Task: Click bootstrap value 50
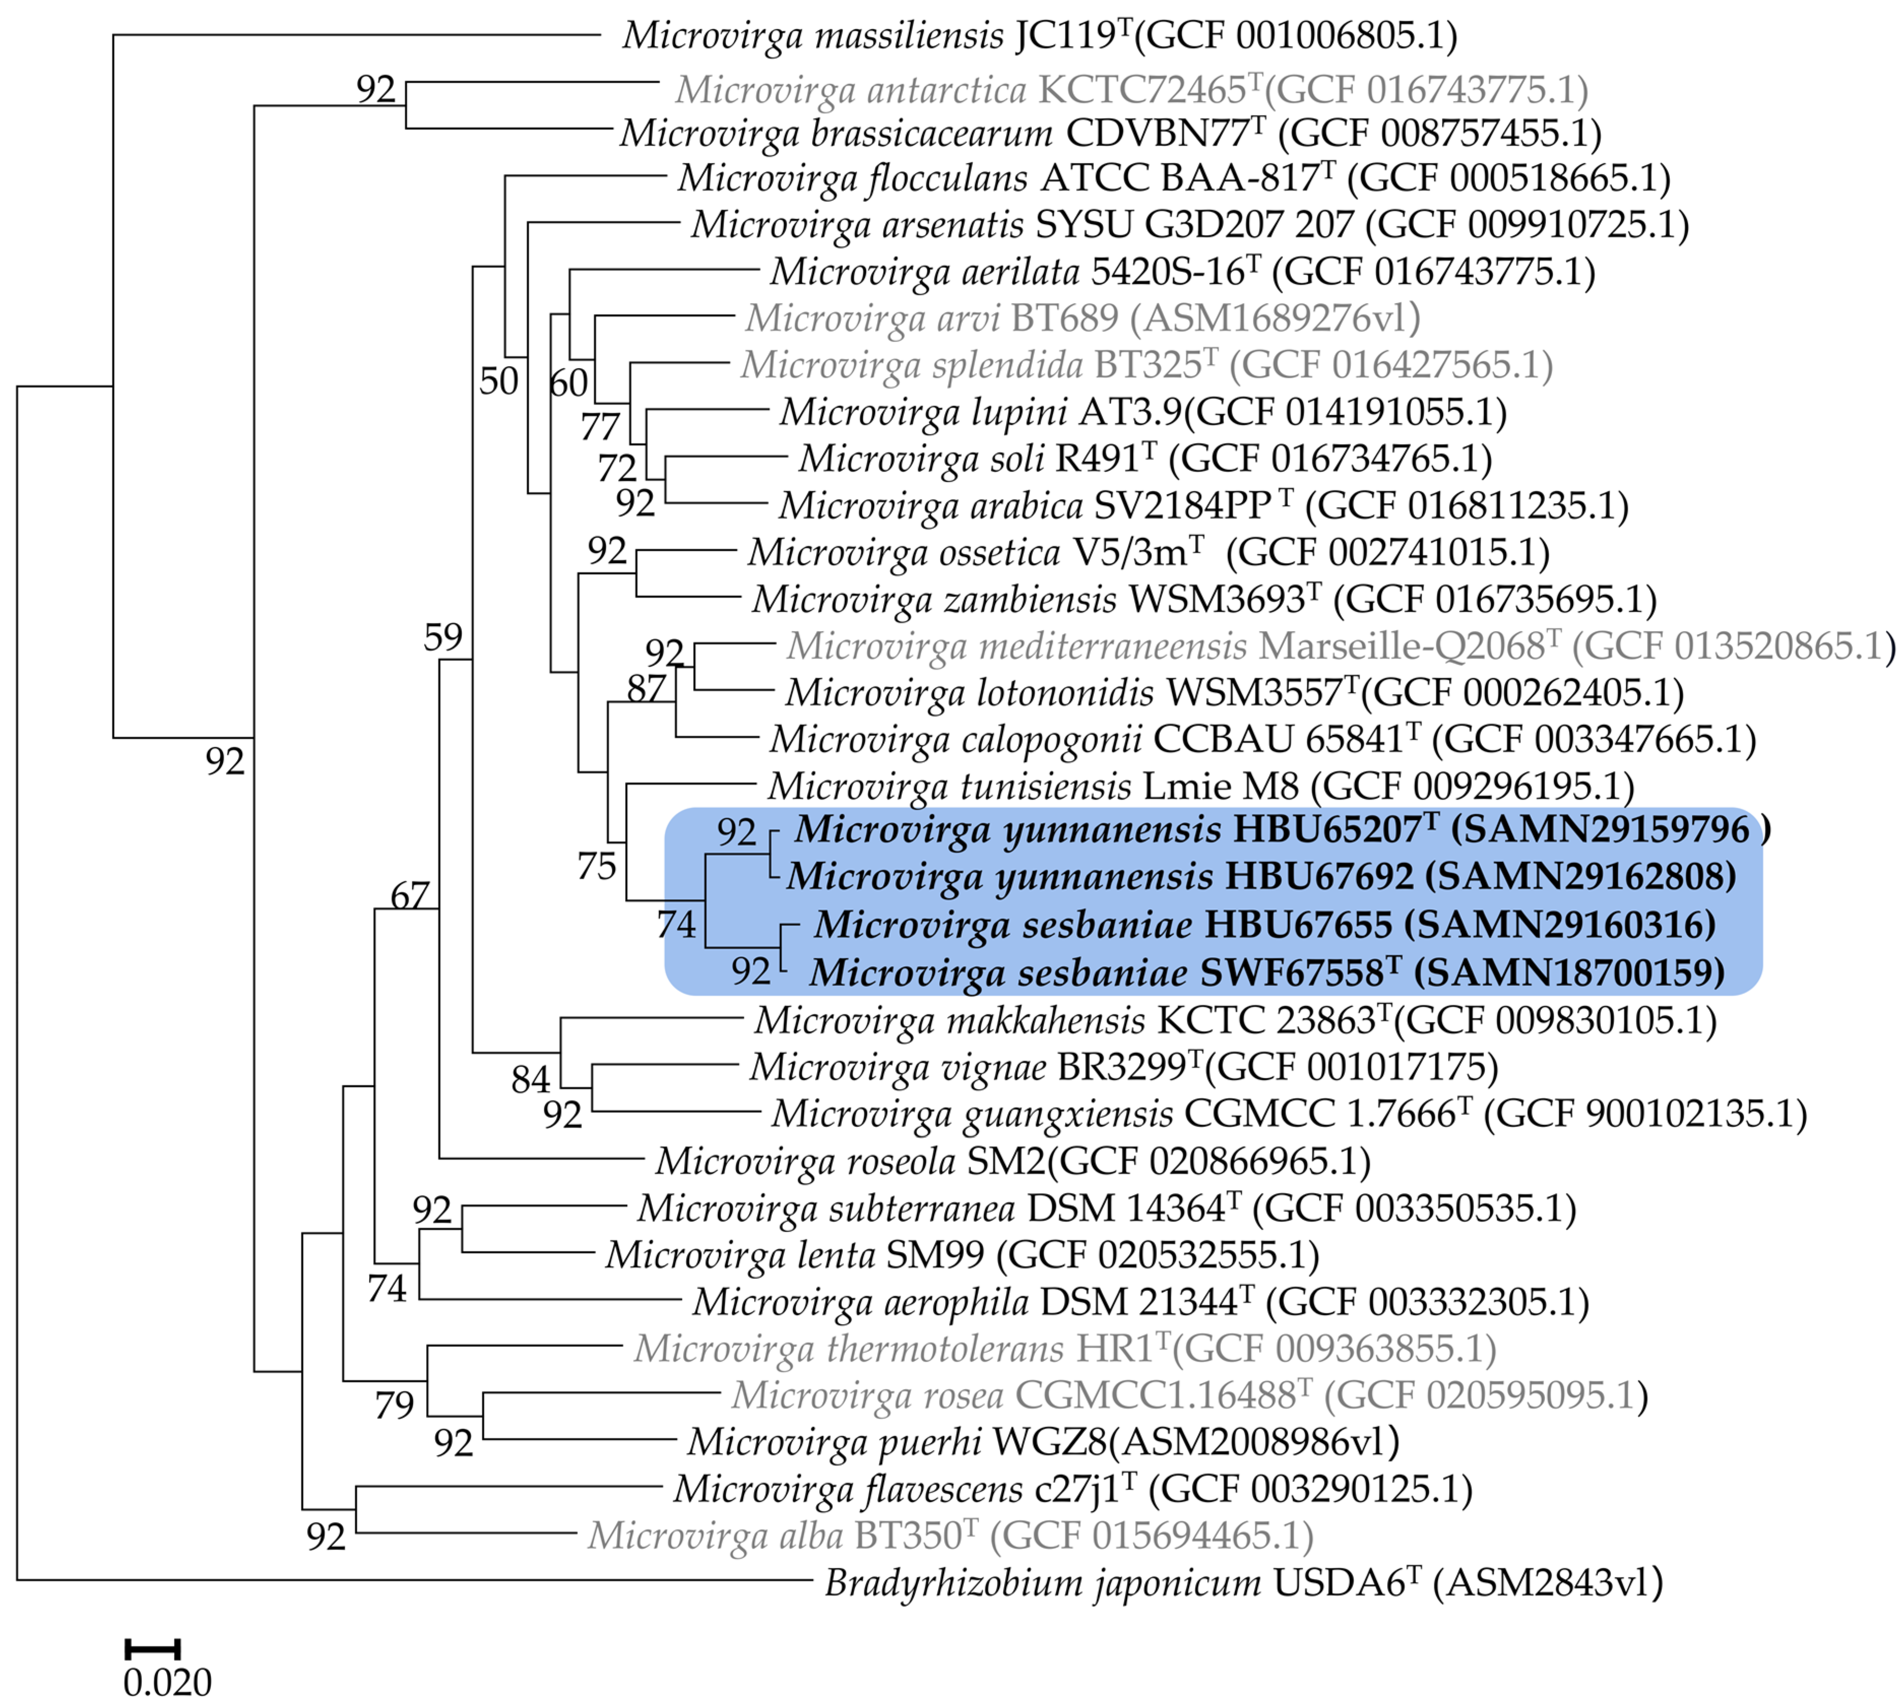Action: tap(499, 381)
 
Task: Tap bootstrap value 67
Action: tap(410, 896)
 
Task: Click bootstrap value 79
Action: tap(394, 1405)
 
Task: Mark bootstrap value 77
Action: tap(600, 428)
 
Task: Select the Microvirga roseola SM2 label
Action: tap(1013, 1161)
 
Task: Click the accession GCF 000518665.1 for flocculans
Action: tap(1514, 178)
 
